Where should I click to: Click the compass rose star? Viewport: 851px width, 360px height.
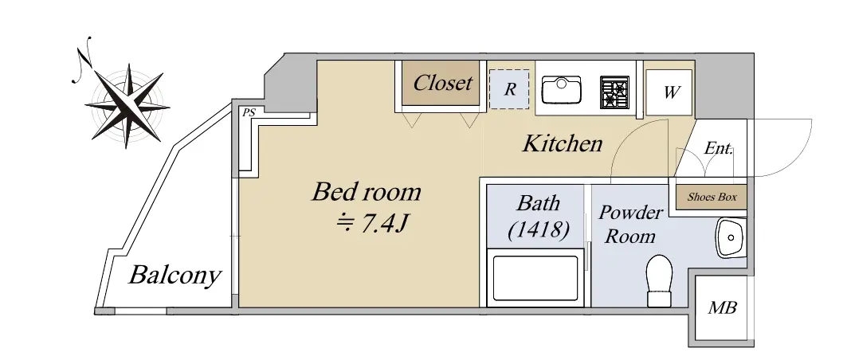tap(128, 105)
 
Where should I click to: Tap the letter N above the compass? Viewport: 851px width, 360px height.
tap(83, 60)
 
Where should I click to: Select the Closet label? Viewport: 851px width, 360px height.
tap(442, 83)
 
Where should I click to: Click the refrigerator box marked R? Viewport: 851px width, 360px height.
tap(509, 89)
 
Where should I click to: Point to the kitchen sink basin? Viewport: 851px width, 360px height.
tap(562, 90)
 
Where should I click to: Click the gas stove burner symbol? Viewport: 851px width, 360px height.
tap(614, 92)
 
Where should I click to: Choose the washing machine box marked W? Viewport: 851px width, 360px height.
tap(670, 92)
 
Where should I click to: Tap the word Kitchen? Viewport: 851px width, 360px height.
tap(563, 143)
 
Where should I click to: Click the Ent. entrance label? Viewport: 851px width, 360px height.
tap(718, 148)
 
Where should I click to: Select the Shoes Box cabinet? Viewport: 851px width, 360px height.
tap(712, 197)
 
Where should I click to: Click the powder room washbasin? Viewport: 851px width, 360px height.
tap(731, 237)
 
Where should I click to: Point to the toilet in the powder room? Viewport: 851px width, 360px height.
tap(660, 280)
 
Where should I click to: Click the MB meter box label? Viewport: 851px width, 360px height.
tap(722, 308)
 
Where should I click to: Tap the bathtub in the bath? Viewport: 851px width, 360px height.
tap(535, 278)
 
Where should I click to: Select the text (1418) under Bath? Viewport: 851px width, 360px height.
tap(539, 229)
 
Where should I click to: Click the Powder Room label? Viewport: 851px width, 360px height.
tap(629, 225)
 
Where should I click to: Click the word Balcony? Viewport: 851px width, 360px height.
tap(175, 276)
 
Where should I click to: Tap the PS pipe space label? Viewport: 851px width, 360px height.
tap(249, 113)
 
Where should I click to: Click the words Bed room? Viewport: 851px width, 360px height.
tap(367, 191)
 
